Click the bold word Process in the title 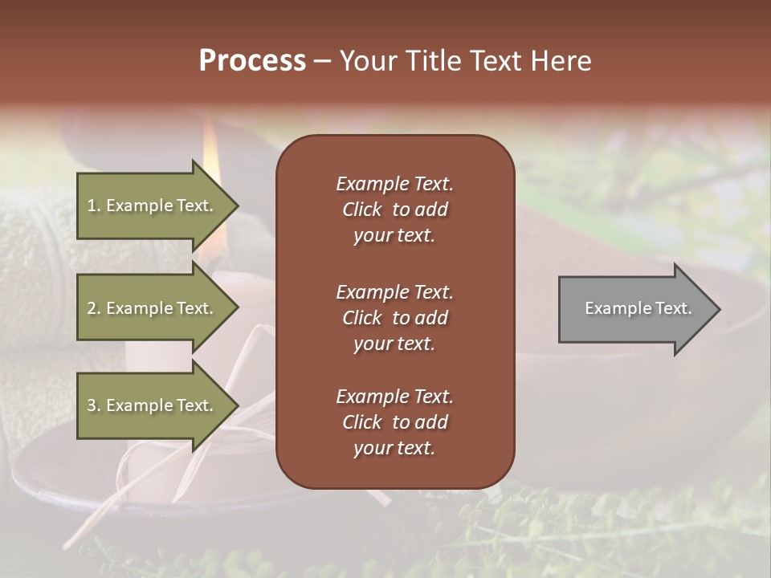click(252, 61)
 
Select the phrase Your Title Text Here click(465, 61)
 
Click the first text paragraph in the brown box click(395, 210)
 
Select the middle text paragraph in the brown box click(395, 317)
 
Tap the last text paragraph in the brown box click(395, 422)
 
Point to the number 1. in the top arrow click(94, 206)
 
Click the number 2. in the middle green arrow click(94, 308)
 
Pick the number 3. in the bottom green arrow click(94, 405)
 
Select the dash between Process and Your click(323, 61)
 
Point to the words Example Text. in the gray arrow click(638, 308)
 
